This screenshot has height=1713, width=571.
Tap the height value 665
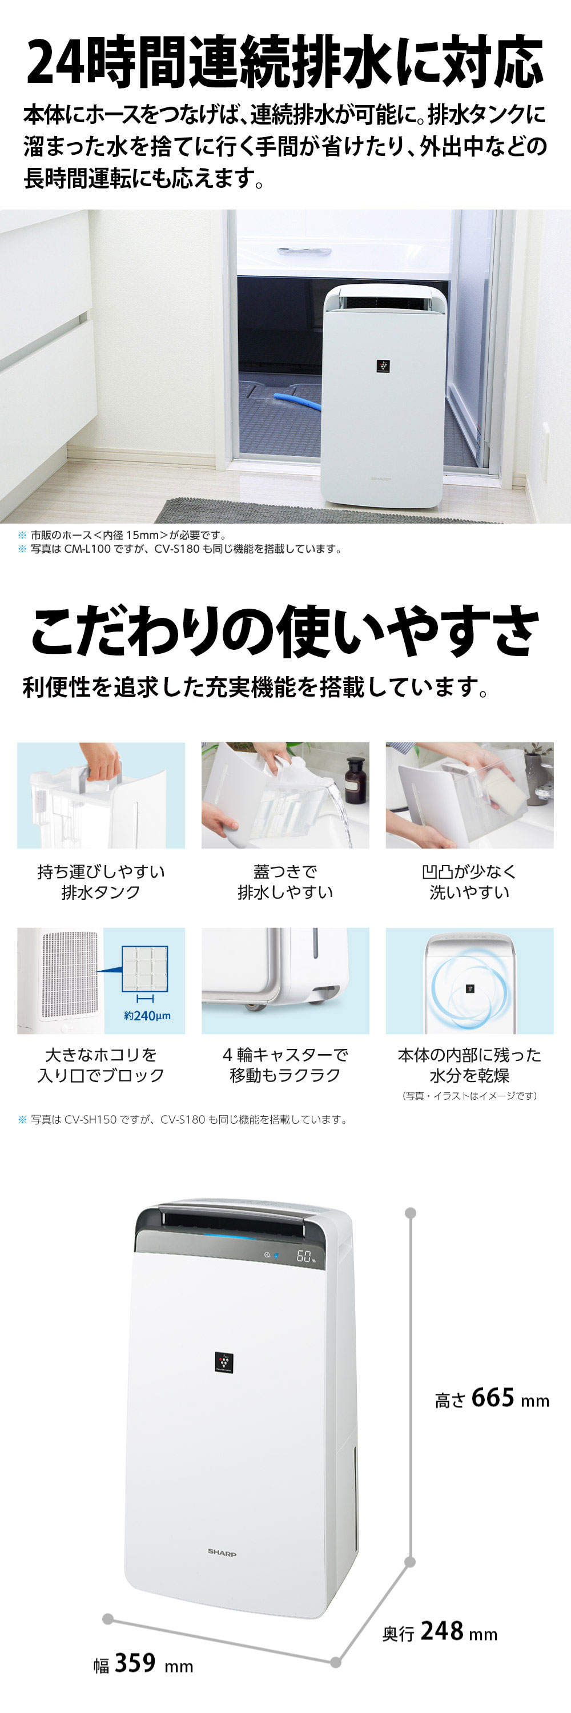pos(493,1397)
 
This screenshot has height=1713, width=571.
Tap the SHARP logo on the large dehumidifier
pos(222,1551)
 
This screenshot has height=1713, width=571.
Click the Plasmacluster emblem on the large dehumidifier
pos(224,1362)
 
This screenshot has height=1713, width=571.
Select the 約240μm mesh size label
pos(147,1015)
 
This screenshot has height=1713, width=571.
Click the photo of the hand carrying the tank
pos(101,795)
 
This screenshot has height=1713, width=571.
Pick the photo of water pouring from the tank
pos(285,795)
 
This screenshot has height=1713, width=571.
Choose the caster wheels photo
pos(285,980)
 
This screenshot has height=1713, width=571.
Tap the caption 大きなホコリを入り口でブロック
pos(101,1065)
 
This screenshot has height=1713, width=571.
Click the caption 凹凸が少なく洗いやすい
pos(469,882)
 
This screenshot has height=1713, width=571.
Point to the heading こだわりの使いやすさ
pos(284,630)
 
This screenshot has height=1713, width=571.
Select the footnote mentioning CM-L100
pos(186,549)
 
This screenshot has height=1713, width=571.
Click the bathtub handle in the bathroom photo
pos(304,251)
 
